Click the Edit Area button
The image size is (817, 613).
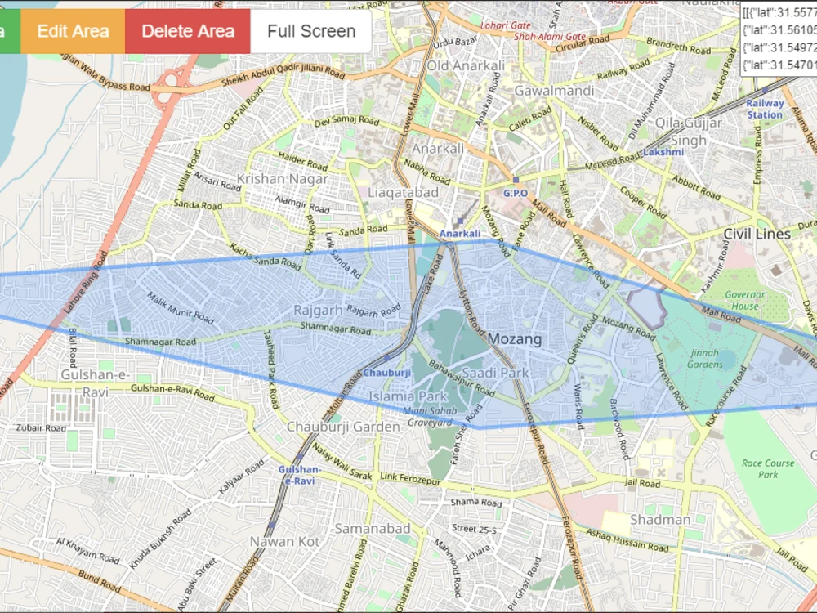73,31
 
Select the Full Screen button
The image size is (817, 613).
311,31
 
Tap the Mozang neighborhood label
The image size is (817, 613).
516,338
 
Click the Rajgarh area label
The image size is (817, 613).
318,311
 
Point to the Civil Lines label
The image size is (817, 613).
757,234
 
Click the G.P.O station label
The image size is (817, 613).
516,193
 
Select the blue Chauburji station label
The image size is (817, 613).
386,373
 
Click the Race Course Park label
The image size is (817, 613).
768,468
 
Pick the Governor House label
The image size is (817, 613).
745,300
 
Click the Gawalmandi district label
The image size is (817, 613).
553,90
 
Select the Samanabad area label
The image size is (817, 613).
372,529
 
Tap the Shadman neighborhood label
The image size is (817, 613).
660,520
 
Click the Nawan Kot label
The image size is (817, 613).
283,541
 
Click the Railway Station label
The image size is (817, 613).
765,109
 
